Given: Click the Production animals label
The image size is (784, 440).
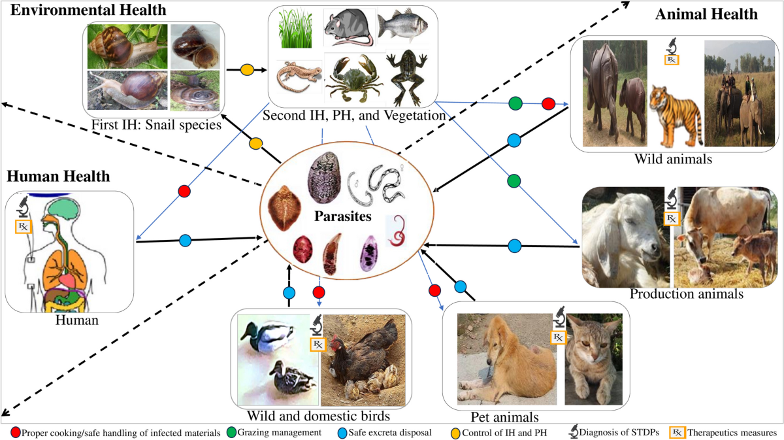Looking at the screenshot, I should pyautogui.click(x=686, y=294).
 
